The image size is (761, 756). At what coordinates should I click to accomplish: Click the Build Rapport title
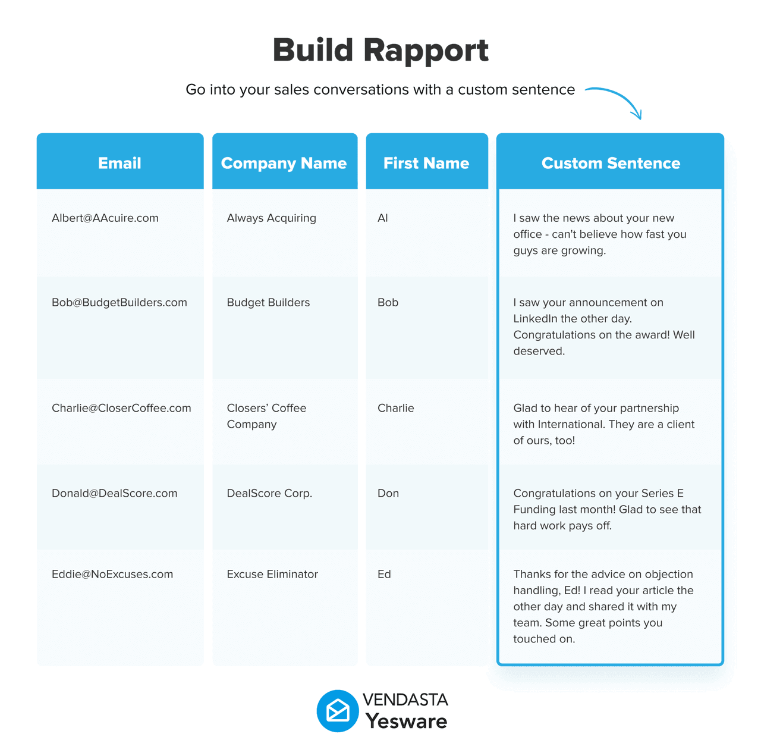click(380, 51)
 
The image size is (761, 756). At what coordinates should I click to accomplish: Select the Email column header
click(120, 163)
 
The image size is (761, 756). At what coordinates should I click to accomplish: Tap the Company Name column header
click(284, 163)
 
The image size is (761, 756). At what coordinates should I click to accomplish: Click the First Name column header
click(426, 163)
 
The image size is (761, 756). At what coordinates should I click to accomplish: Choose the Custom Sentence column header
click(611, 163)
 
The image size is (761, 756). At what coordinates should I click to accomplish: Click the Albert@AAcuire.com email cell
click(105, 218)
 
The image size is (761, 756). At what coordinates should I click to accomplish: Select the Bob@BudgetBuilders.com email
click(119, 303)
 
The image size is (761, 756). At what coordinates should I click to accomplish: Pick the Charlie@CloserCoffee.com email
click(121, 409)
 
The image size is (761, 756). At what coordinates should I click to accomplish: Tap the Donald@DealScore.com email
click(114, 494)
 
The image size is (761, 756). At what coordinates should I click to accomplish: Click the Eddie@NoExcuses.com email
click(112, 575)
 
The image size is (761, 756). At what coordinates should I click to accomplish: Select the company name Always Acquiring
click(271, 218)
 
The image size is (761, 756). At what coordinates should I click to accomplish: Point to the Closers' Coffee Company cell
click(266, 416)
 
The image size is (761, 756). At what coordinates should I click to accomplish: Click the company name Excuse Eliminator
click(272, 575)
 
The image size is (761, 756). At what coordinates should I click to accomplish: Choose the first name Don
click(388, 494)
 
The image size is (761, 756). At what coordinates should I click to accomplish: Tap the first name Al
click(383, 218)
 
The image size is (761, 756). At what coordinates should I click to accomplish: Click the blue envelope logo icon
click(338, 711)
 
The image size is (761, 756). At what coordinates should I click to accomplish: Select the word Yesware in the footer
click(406, 722)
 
